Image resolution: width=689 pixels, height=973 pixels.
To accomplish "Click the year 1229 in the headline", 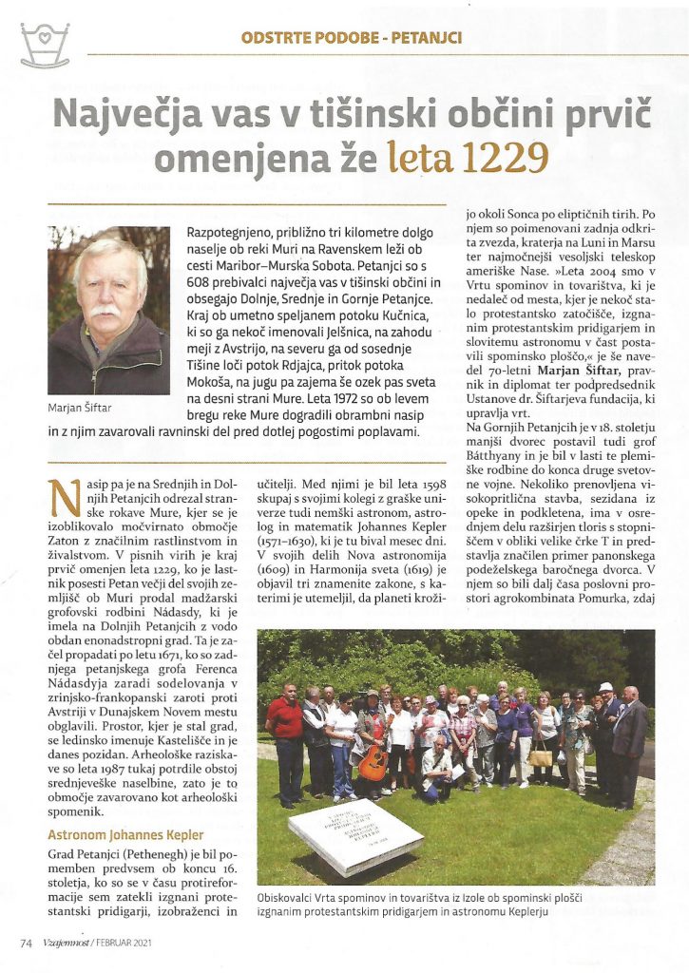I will coord(502,156).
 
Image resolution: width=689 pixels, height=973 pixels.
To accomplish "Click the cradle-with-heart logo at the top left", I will coord(45,46).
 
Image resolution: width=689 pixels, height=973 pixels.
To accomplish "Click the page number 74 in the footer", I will coord(27,943).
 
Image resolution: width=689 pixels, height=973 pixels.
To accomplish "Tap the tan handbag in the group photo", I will coord(541,756).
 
